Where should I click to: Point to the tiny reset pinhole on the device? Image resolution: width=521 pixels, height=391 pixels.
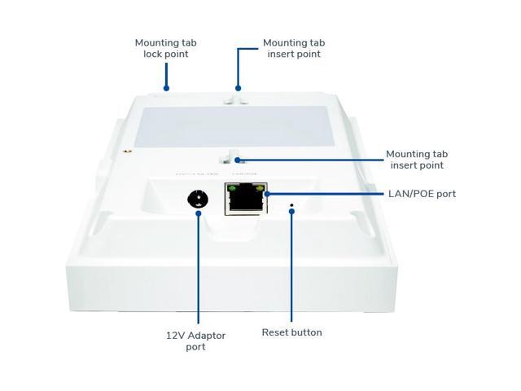pos(291,210)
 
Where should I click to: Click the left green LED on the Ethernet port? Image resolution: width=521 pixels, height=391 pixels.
pos(232,190)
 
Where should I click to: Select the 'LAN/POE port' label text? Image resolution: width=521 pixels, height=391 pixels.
pos(422,194)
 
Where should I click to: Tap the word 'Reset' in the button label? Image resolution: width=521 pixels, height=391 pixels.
pos(277,332)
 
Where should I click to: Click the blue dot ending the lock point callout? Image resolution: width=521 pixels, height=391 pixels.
pos(165,88)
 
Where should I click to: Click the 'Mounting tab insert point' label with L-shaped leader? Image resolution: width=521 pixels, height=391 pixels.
pos(292,48)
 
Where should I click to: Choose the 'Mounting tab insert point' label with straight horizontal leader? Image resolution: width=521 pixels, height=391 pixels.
pos(416,160)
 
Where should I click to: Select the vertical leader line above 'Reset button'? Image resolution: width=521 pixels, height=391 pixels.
pos(291,269)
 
